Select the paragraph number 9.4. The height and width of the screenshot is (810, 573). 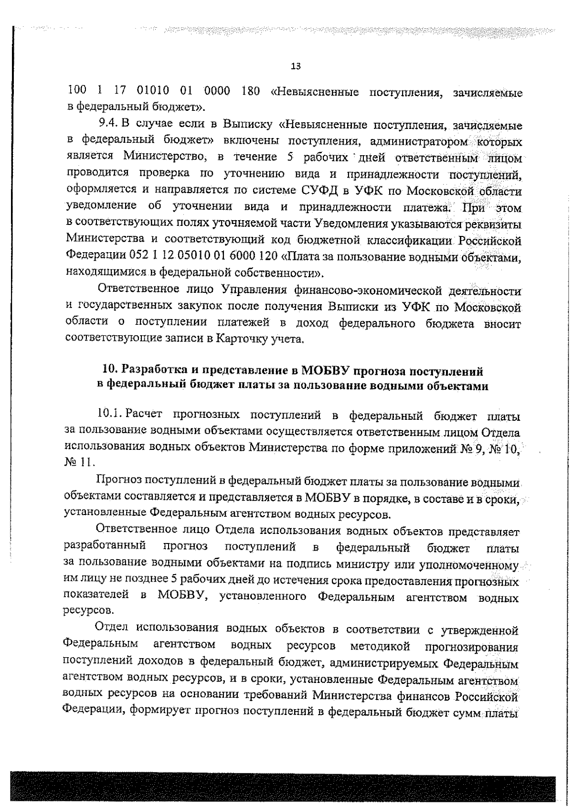pos(108,125)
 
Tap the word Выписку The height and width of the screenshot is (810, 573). pos(248,125)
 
